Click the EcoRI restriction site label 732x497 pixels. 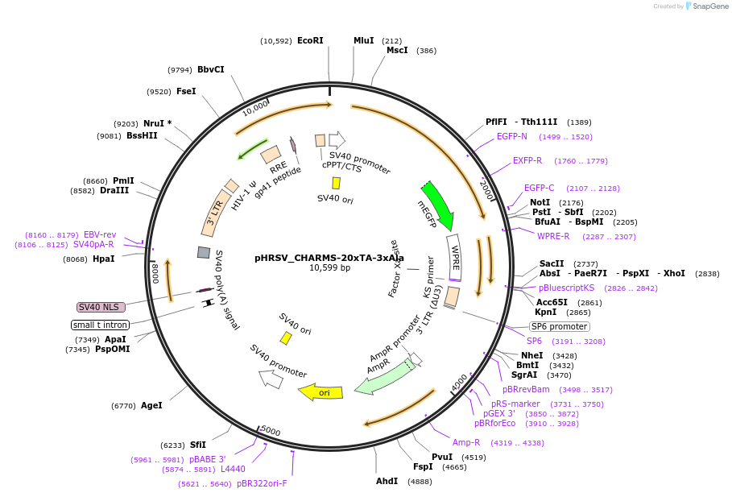pyautogui.click(x=310, y=40)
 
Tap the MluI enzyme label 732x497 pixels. pyautogui.click(x=363, y=40)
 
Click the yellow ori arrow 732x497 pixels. pyautogui.click(x=321, y=392)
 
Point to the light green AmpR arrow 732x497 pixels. pyautogui.click(x=376, y=378)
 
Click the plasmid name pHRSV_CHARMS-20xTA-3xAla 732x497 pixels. pyautogui.click(x=329, y=258)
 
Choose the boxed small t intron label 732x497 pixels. pyautogui.click(x=100, y=325)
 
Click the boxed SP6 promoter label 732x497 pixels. pyautogui.click(x=559, y=326)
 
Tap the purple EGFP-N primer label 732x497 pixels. pyautogui.click(x=512, y=136)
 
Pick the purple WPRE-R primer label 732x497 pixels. pyautogui.click(x=553, y=236)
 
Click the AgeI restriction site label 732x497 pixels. pyautogui.click(x=151, y=405)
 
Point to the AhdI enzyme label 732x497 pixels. pyautogui.click(x=387, y=481)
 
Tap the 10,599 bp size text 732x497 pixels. pyautogui.click(x=329, y=268)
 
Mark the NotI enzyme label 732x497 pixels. pyautogui.click(x=540, y=202)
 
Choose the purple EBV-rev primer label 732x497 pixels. pyautogui.click(x=100, y=234)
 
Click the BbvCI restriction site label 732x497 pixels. pyautogui.click(x=211, y=69)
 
